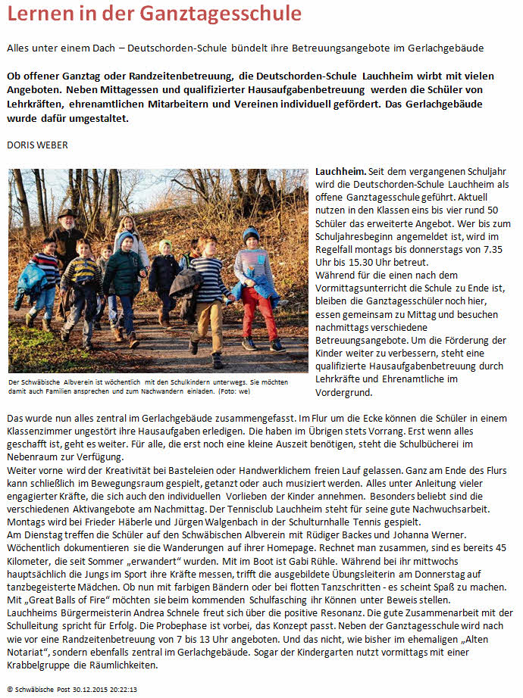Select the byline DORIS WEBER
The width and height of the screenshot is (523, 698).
pyautogui.click(x=37, y=143)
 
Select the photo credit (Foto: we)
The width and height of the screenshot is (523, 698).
pyautogui.click(x=237, y=392)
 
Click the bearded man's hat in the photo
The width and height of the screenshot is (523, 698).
pyautogui.click(x=67, y=214)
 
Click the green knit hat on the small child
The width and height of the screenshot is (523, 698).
pyautogui.click(x=164, y=245)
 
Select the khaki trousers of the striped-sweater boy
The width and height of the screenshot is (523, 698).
pyautogui.click(x=208, y=322)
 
